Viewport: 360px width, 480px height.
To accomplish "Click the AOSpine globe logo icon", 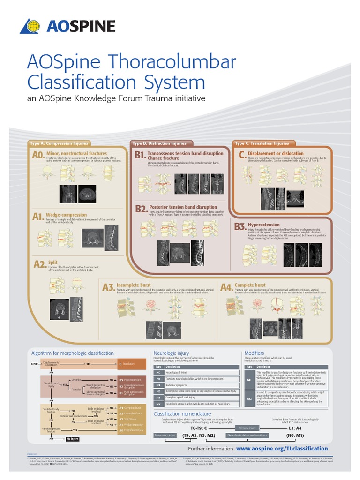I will [30, 26].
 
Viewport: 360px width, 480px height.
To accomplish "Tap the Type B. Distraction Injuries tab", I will [159, 143].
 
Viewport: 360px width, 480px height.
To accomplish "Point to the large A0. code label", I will [38, 155].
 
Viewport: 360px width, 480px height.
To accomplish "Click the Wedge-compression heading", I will [66, 215].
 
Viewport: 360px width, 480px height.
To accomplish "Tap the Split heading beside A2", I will [52, 262].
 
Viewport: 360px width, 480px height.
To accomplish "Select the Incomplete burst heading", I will [134, 285].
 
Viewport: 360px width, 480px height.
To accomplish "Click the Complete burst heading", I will [250, 285].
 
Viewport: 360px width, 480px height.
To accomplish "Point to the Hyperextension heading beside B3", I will [263, 225].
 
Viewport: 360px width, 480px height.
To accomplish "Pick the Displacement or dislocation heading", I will [276, 153].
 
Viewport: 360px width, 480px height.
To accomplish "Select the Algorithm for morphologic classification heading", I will [72, 353].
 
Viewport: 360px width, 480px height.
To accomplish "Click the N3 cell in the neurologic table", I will [158, 391].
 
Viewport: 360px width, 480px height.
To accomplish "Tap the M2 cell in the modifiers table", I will [249, 398].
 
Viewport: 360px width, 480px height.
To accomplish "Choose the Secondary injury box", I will [165, 435].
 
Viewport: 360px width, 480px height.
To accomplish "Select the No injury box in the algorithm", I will [73, 439].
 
